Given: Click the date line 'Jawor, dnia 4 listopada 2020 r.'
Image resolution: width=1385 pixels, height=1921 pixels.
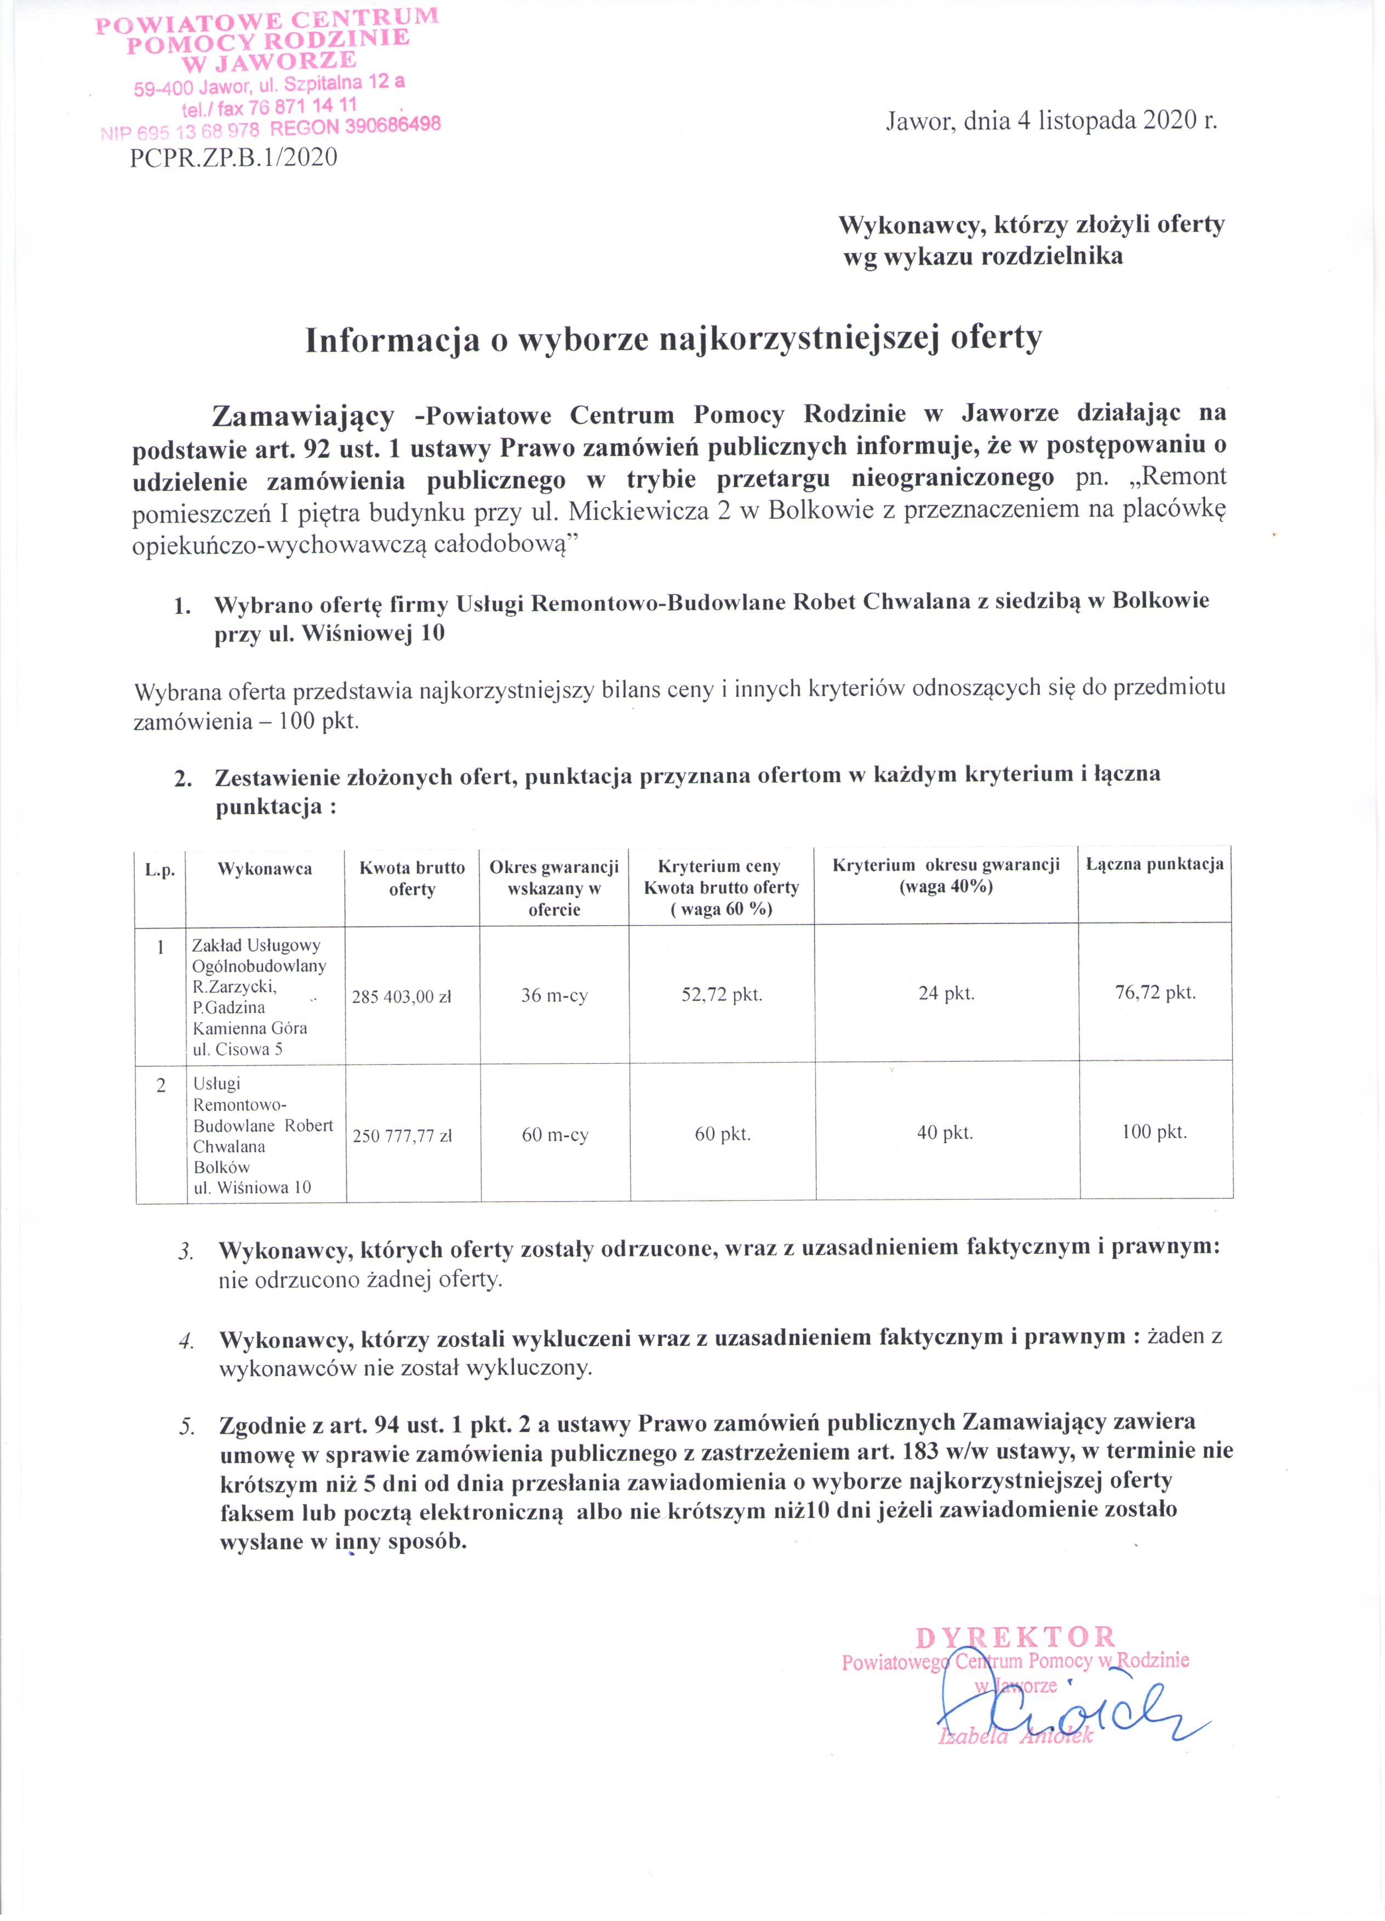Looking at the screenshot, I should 1050,121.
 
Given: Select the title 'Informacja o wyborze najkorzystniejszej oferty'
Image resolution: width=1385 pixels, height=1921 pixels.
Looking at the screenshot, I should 673,339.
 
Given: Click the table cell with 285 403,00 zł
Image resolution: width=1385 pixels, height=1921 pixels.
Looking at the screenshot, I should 402,997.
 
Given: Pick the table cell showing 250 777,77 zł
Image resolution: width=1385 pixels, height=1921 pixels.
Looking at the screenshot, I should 402,1136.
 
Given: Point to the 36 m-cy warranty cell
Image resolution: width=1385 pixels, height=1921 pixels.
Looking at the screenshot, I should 554,995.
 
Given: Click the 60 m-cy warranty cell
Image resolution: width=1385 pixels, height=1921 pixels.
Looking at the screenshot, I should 555,1135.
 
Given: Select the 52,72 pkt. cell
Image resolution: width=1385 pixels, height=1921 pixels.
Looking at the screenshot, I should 722,994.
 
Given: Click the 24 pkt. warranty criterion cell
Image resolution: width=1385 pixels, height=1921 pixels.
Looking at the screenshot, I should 946,994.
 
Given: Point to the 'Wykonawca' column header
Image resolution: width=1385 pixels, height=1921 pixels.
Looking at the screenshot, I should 264,868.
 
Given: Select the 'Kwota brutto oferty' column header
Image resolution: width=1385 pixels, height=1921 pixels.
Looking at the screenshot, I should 411,879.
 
